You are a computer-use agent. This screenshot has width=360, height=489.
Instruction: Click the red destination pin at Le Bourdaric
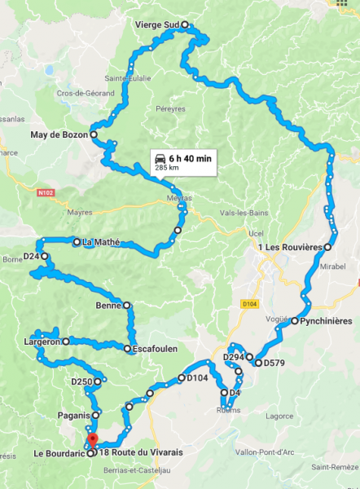coord(92,441)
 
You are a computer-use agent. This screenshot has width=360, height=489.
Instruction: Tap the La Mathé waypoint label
coord(101,242)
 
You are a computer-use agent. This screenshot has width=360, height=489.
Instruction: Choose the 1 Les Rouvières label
coord(291,247)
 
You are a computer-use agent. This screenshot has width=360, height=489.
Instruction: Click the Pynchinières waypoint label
coord(326,321)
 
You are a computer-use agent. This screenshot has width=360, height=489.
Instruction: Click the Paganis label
coord(72,415)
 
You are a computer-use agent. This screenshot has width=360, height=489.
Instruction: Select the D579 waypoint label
coord(274,363)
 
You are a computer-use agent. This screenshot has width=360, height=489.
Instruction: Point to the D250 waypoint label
coord(81,381)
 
